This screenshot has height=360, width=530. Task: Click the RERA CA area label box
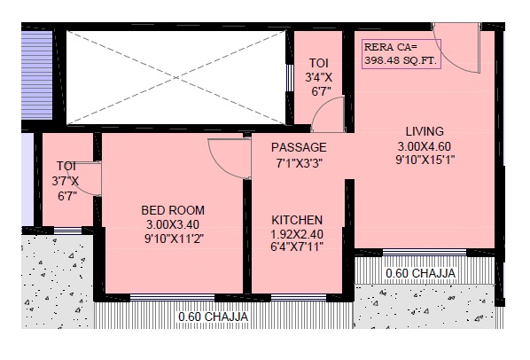[401, 54]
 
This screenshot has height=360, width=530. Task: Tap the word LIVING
[425, 131]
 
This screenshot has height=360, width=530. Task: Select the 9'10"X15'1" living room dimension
[425, 160]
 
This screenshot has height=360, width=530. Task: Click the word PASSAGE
[299, 147]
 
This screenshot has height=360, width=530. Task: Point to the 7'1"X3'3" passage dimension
[300, 164]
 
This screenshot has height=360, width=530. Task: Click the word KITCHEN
[297, 220]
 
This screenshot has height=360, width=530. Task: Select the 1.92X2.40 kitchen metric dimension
[297, 234]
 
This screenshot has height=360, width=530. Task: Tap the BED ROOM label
[173, 210]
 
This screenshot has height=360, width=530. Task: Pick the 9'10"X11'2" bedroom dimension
[174, 239]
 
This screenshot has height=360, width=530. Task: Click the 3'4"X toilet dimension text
[319, 77]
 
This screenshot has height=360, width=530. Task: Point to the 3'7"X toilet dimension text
[66, 181]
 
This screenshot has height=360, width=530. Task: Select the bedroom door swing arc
[223, 166]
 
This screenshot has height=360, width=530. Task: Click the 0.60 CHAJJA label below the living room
[420, 273]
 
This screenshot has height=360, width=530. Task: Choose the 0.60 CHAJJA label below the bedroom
[214, 317]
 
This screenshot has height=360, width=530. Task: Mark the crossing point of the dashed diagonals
[176, 78]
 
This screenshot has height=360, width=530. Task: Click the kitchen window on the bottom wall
[299, 297]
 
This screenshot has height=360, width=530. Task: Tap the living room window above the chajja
[425, 253]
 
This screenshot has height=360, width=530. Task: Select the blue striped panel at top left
[37, 75]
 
